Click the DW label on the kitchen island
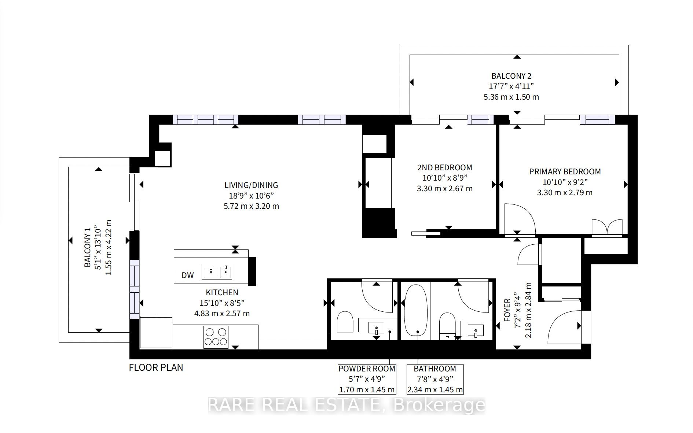[x=188, y=275]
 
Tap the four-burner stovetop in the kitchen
[x=216, y=337]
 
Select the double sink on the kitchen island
[x=217, y=271]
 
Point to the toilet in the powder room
[x=345, y=321]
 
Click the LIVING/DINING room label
[x=252, y=185]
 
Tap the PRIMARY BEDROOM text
[x=565, y=171]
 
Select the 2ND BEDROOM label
[x=445, y=167]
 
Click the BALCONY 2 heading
[x=511, y=76]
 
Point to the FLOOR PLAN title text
[x=156, y=367]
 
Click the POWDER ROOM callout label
[x=367, y=369]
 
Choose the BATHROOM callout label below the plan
[x=435, y=369]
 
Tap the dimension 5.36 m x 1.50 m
[x=511, y=97]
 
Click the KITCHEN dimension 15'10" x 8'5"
[x=222, y=303]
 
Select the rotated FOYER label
[x=507, y=310]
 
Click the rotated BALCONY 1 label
[x=87, y=248]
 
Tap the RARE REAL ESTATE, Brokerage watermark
[x=347, y=405]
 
